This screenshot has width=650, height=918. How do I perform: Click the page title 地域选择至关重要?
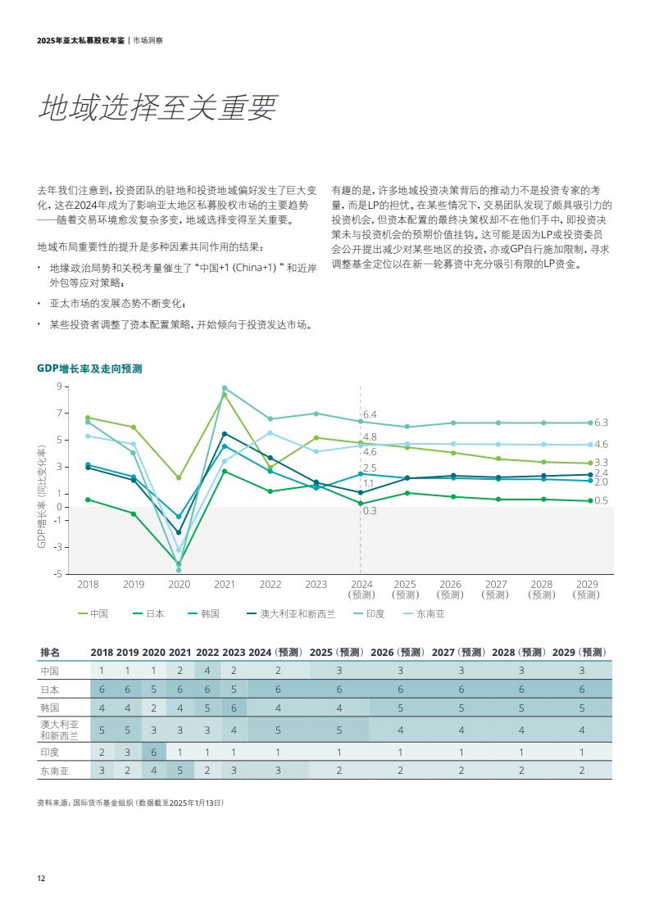pyautogui.click(x=158, y=107)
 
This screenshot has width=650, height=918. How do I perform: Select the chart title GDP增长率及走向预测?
pyautogui.click(x=89, y=369)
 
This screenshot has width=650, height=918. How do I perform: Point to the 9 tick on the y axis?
pyautogui.click(x=58, y=387)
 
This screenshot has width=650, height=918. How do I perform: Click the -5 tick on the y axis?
pyautogui.click(x=57, y=573)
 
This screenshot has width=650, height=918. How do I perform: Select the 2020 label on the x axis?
pyautogui.click(x=179, y=585)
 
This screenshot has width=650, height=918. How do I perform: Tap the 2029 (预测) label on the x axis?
pyautogui.click(x=587, y=590)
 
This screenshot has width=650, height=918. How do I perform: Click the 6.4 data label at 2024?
pyautogui.click(x=370, y=415)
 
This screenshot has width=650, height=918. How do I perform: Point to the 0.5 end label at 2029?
pyautogui.click(x=601, y=500)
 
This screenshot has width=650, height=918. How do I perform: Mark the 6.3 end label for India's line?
pyautogui.click(x=601, y=423)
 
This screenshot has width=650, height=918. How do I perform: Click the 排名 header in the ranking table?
pyautogui.click(x=50, y=652)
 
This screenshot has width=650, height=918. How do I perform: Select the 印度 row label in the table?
pyautogui.click(x=50, y=752)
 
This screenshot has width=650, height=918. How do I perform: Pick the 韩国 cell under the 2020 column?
pyautogui.click(x=153, y=707)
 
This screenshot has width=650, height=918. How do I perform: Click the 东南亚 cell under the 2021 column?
pyautogui.click(x=180, y=771)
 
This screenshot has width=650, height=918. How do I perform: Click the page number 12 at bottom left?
pyautogui.click(x=41, y=878)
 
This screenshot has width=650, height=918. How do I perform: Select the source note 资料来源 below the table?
pyautogui.click(x=130, y=803)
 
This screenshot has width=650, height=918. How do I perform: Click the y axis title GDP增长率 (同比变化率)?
pyautogui.click(x=42, y=497)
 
